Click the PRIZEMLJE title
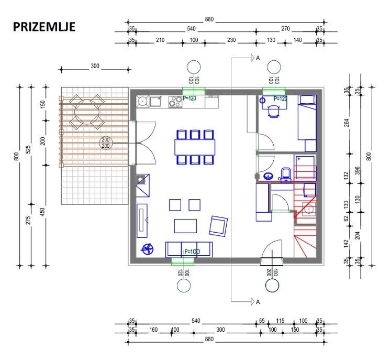click(x=44, y=26)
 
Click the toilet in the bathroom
click(x=286, y=173)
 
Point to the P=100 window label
click(x=192, y=252)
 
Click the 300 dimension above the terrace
click(x=94, y=67)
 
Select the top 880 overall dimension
click(x=209, y=20)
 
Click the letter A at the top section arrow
click(x=258, y=58)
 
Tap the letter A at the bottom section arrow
click(x=258, y=301)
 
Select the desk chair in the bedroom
click(x=274, y=111)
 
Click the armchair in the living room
click(x=218, y=226)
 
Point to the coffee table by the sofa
click(x=186, y=226)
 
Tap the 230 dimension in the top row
click(x=230, y=40)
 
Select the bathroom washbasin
click(x=269, y=176)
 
